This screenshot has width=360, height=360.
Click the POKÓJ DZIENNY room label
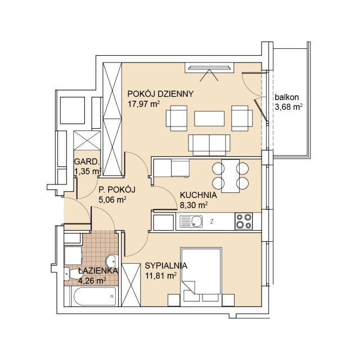click(160, 94)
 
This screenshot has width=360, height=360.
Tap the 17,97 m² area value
click(143, 104)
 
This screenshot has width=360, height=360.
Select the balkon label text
click(287, 97)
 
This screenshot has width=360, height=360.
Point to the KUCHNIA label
click(199, 195)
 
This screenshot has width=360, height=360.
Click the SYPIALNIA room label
click(166, 265)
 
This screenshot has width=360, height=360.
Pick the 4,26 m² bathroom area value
click(92, 281)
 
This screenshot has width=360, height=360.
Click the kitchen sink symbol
click(191, 221)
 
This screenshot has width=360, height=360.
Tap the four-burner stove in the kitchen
click(244, 221)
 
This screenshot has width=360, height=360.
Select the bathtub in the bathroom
click(94, 296)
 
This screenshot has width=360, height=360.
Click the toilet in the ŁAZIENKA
click(71, 274)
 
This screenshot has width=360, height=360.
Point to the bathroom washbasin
click(112, 261)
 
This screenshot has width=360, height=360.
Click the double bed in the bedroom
click(201, 277)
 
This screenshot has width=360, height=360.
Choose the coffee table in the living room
click(209, 119)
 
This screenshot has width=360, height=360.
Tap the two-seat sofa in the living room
click(209, 145)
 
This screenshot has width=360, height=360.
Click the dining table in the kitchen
click(230, 176)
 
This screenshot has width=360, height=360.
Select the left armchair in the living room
click(176, 118)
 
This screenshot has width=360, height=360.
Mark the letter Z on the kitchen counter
click(212, 222)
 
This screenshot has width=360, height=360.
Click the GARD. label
click(87, 161)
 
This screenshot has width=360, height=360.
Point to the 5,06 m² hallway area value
click(112, 200)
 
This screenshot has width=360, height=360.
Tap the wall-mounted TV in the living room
click(209, 67)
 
